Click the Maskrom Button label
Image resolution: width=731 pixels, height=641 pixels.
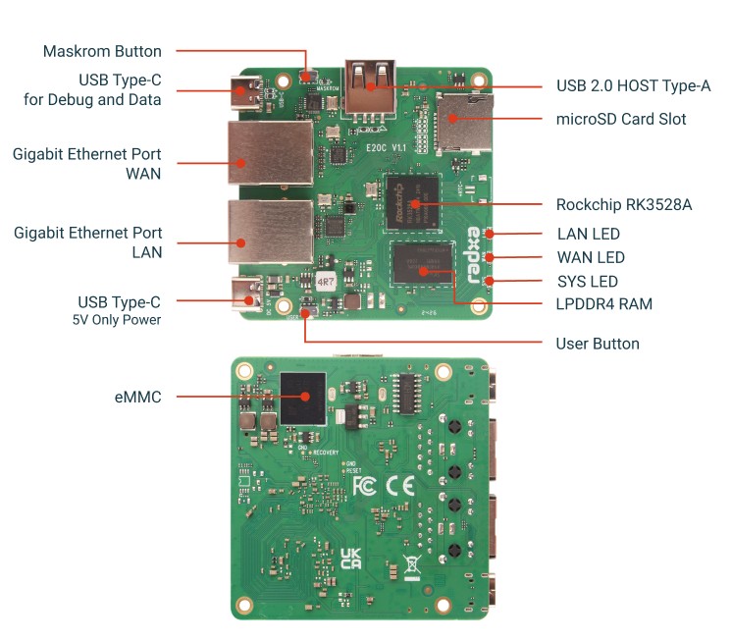102,51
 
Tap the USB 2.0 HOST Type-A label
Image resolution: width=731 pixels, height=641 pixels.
633,86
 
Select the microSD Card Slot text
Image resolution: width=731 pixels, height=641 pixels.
621,120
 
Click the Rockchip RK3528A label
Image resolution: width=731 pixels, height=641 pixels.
624,205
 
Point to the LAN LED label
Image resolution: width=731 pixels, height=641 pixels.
588,235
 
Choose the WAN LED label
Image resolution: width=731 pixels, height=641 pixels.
591,258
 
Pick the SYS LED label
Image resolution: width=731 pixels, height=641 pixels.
588,282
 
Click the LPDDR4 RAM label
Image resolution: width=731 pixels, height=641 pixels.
603,304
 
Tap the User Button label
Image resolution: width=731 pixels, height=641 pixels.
597,344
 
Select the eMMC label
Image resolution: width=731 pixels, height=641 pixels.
137,397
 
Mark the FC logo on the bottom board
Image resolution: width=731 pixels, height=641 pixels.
364,487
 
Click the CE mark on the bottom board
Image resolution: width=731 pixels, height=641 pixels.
400,487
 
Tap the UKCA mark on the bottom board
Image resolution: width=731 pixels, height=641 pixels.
350,559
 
